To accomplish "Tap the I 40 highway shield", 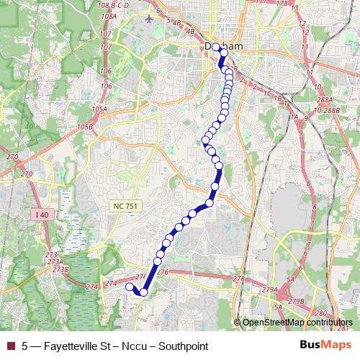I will point(39,215).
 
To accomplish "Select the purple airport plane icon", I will point(148,18).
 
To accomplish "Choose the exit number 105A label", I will point(99,109).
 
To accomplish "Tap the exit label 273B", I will point(60,269).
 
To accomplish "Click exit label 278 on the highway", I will point(239,278).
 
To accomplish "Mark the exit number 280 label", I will point(321,313).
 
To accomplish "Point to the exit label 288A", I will point(324,100).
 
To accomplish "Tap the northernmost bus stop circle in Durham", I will point(216,46).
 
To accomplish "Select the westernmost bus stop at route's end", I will point(130,287).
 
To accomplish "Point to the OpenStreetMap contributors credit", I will point(297,323).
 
